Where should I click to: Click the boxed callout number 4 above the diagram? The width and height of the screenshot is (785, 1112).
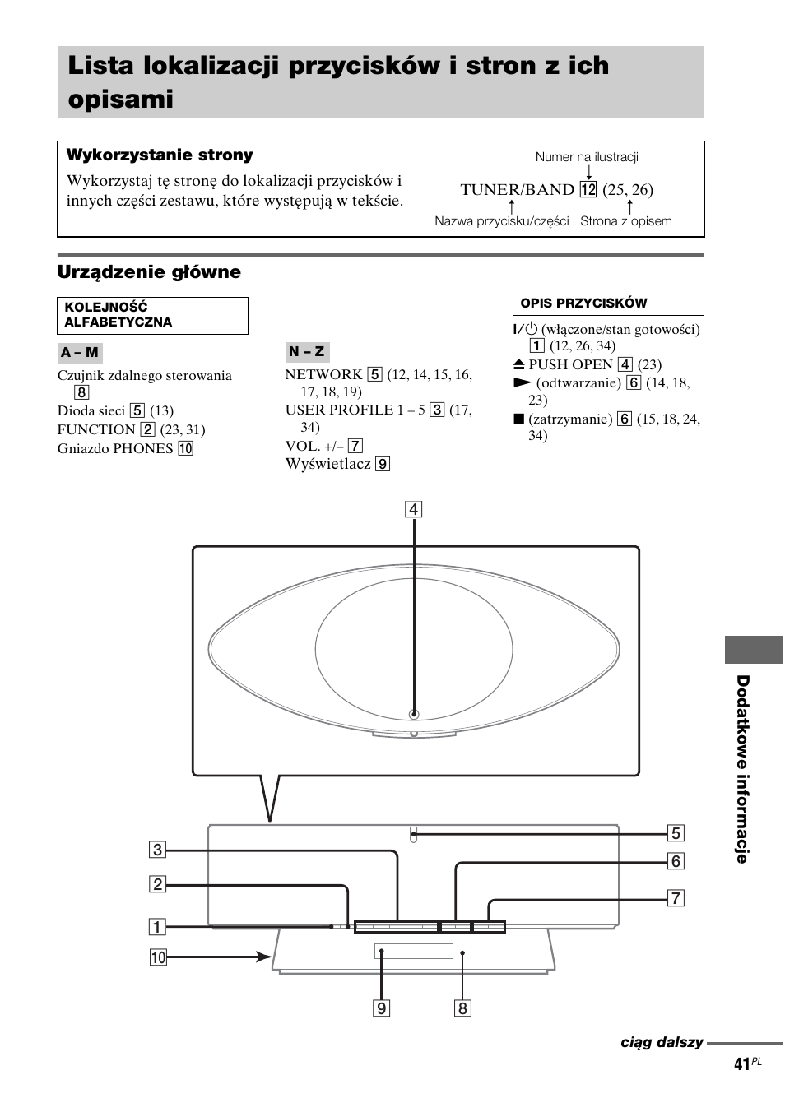(414, 509)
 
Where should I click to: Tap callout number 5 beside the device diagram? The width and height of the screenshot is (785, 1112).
(676, 833)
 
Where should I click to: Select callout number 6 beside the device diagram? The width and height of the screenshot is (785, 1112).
(676, 861)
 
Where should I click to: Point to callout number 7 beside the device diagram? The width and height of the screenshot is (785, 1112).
(676, 898)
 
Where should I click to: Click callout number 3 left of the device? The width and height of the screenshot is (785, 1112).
(157, 850)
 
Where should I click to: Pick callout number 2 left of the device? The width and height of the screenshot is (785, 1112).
(157, 884)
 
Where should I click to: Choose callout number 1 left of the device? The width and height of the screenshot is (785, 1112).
(157, 927)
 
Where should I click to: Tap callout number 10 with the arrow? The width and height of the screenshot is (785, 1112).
(158, 957)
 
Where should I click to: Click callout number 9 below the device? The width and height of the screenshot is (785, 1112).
(381, 1008)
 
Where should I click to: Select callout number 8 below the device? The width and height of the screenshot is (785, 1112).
(463, 1008)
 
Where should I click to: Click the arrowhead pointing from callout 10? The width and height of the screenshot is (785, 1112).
(265, 957)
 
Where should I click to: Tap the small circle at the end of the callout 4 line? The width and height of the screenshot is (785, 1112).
(414, 715)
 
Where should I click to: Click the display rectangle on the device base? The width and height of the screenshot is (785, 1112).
(414, 952)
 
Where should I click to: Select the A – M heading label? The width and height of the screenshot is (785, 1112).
(80, 353)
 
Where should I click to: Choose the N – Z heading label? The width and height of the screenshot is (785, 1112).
(307, 352)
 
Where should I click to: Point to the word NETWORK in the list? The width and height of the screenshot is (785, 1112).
(323, 375)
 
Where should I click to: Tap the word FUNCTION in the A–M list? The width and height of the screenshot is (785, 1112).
(95, 429)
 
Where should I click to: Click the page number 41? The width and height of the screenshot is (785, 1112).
(742, 1064)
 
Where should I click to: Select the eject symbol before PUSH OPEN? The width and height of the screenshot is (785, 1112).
(519, 364)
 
